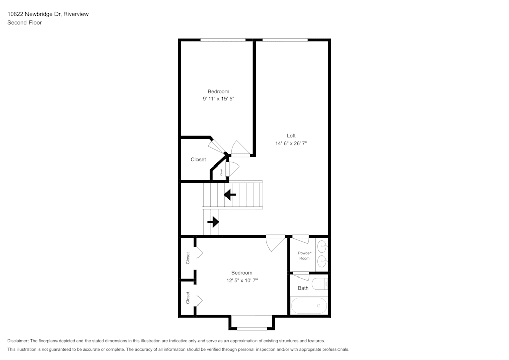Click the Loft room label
click(x=291, y=136)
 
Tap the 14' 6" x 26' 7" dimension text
click(x=291, y=143)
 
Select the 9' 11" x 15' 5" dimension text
click(x=218, y=99)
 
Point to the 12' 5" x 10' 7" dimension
click(x=242, y=280)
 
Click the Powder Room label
click(x=304, y=256)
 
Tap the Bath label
click(x=303, y=288)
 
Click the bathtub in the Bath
click(x=309, y=306)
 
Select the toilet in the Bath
click(x=320, y=284)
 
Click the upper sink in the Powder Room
click(x=322, y=246)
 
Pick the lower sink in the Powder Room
click(x=322, y=261)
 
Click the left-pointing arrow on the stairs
click(x=230, y=195)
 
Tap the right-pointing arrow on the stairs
click(x=213, y=222)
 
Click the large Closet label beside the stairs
click(x=199, y=160)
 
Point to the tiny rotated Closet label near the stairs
click(x=222, y=172)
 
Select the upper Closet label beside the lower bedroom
click(x=188, y=258)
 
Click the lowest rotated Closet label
click(x=188, y=298)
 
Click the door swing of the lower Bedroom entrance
click(x=275, y=243)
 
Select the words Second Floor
click(x=24, y=23)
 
